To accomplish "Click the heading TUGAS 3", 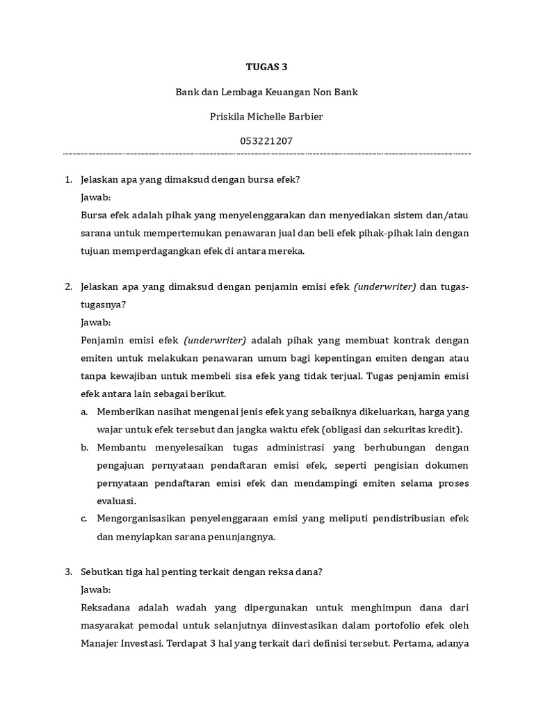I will click(266, 67).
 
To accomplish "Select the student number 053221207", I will click(266, 140).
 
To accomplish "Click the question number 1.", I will click(68, 179).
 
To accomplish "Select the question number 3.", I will click(68, 572).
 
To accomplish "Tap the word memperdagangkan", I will click(159, 252).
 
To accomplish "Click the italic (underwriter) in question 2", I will click(385, 286).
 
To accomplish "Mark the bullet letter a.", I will click(84, 412).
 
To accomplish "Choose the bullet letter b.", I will click(84, 447).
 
